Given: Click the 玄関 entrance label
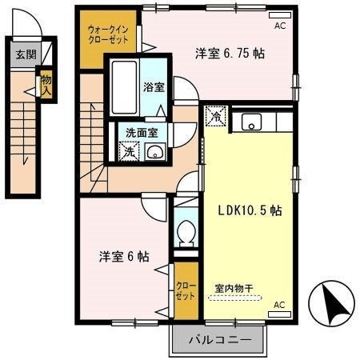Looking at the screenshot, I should tap(25, 55).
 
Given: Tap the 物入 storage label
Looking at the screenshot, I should tap(46, 83).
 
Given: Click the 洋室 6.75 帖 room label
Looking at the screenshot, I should tap(231, 54).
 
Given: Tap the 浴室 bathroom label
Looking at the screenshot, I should tap(154, 86).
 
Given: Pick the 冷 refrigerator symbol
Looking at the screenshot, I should tap(215, 117).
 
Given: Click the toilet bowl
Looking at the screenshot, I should tap(186, 234).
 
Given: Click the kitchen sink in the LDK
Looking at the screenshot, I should tap(252, 122).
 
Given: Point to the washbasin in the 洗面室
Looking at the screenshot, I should tap(157, 153).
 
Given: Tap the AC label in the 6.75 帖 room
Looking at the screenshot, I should tap(279, 26).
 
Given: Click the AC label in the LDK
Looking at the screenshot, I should tap(279, 305).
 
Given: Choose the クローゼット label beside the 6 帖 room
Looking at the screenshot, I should tap(185, 290).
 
